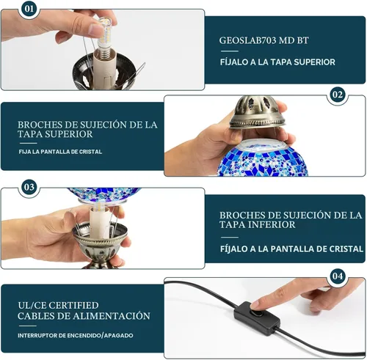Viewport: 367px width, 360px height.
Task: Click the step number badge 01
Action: click(29, 9)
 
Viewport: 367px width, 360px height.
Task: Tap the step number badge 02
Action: click(338, 95)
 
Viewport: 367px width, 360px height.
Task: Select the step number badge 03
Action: click(29, 187)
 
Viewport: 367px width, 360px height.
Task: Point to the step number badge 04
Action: click(338, 276)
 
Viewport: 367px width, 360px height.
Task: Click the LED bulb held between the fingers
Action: click(104, 34)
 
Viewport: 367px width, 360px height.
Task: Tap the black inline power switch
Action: click(257, 317)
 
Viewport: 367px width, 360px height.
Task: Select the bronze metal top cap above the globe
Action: click(258, 112)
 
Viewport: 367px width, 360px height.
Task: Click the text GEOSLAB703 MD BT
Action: click(264, 40)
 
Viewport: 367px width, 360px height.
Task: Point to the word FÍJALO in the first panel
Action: click(234, 62)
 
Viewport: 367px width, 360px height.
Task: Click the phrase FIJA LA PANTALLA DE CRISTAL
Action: click(60, 152)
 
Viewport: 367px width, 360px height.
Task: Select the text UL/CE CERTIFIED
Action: click(58, 305)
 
